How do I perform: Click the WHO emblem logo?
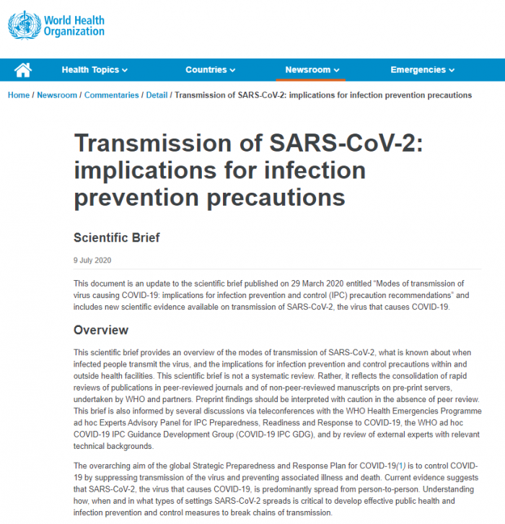24,25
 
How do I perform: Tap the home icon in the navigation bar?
23,70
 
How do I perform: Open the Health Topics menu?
95,70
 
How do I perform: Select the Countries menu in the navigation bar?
210,70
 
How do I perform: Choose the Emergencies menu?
422,70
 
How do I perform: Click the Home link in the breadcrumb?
18,95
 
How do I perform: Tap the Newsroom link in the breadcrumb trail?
57,95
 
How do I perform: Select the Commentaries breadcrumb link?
111,95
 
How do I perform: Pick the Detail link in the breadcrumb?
157,95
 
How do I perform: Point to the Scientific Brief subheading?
117,237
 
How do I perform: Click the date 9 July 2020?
92,261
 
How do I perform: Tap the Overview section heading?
101,331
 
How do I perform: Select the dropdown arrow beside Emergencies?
452,71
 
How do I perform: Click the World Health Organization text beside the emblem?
74,26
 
